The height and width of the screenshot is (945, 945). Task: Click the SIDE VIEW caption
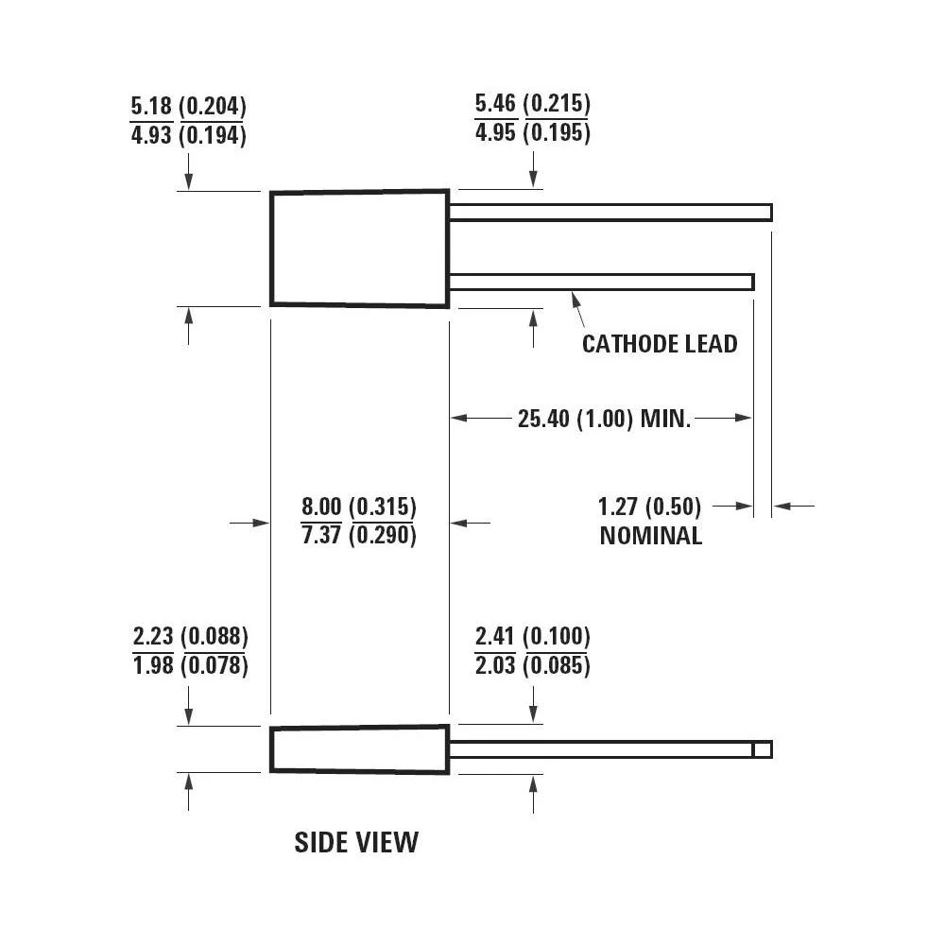click(x=355, y=842)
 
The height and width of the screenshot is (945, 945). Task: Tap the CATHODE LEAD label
click(x=659, y=343)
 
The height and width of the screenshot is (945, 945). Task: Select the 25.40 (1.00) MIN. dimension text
click(x=605, y=418)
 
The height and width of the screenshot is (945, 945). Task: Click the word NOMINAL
click(x=651, y=536)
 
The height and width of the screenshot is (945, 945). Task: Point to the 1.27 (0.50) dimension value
click(x=649, y=507)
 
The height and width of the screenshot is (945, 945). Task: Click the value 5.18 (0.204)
click(x=188, y=105)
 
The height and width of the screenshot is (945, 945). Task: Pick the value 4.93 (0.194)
click(x=188, y=135)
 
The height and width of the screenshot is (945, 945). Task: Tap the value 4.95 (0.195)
click(x=532, y=132)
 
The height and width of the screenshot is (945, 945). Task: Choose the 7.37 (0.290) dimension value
click(x=358, y=535)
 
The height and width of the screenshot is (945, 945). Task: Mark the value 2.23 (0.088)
click(x=190, y=635)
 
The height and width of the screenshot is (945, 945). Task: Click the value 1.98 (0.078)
click(x=190, y=665)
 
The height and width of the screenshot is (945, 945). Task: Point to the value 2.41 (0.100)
click(x=532, y=635)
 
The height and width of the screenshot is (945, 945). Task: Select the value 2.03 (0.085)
click(x=532, y=665)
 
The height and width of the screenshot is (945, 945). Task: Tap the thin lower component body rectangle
click(x=359, y=749)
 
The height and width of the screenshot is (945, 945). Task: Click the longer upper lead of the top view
click(x=610, y=213)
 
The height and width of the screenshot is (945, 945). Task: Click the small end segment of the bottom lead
click(x=763, y=749)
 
